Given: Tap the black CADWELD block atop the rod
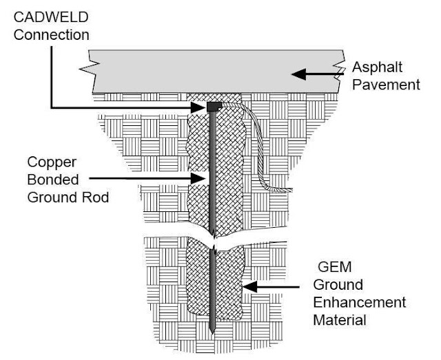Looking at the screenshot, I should [x=214, y=107].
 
